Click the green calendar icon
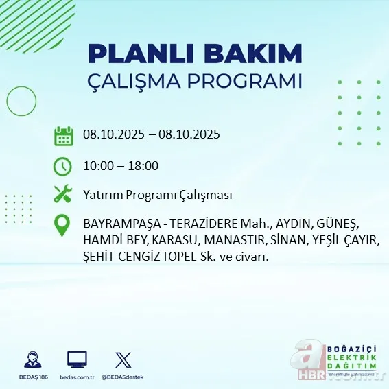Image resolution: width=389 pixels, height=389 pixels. [x=63, y=135]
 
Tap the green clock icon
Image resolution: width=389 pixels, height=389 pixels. [x=63, y=165]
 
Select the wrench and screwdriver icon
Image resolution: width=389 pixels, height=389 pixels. [x=63, y=194]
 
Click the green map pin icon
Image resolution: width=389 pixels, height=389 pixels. [x=63, y=226]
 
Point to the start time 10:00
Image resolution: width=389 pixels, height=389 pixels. [x=97, y=165]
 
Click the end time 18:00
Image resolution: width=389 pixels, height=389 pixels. [x=144, y=165]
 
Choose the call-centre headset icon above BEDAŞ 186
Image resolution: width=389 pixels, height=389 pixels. [x=32, y=359]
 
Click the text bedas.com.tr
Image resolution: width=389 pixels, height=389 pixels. [x=77, y=377]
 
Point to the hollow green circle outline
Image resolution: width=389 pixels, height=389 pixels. [x=21, y=102]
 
